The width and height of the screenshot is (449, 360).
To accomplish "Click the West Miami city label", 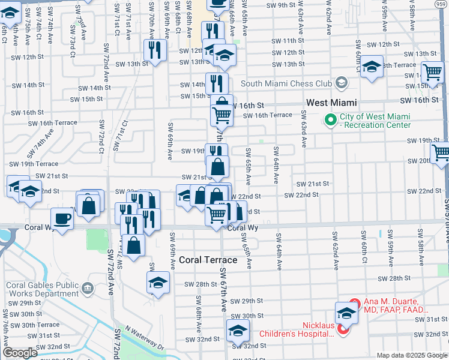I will (x=331, y=103).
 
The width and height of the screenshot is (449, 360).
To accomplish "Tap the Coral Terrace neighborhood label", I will (x=208, y=260).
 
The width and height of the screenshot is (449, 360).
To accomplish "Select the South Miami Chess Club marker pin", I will (x=342, y=82).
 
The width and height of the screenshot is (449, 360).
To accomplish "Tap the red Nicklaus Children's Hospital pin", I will (x=343, y=329).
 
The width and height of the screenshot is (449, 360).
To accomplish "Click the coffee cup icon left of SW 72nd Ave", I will (x=61, y=218).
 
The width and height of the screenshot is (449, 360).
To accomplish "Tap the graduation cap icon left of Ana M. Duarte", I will (x=346, y=313).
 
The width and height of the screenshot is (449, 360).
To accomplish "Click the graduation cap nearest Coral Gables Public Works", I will (x=158, y=282).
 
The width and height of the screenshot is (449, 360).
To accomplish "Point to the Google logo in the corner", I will (x=20, y=353).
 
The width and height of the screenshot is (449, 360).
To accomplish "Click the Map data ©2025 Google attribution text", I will (x=411, y=355).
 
